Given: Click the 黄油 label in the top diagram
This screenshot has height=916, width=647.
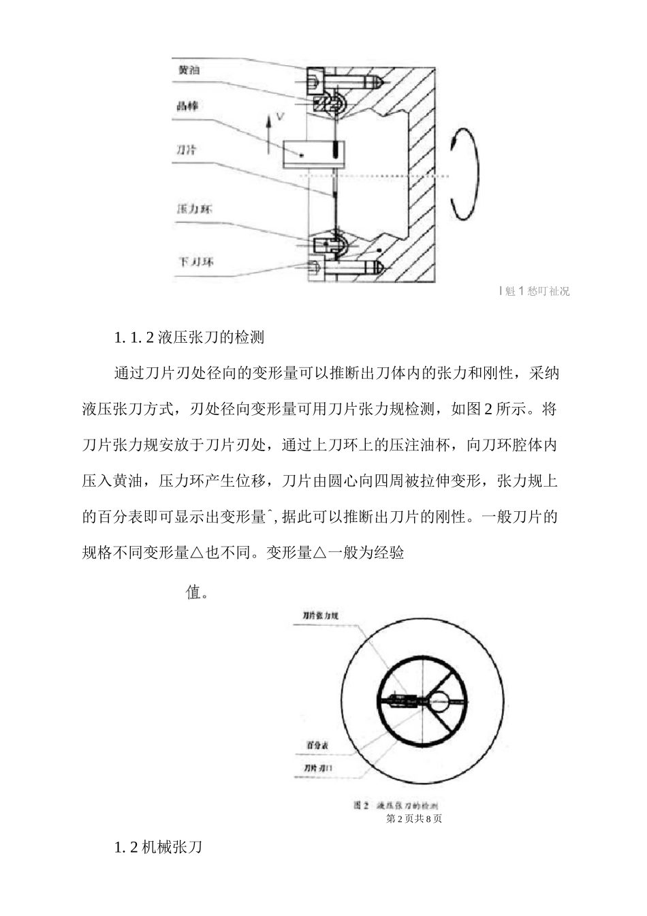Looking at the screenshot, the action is pos(189,70).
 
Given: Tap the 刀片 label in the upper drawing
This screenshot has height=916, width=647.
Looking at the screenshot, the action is pos(187,150).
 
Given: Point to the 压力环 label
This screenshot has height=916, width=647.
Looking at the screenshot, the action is pos(194,209).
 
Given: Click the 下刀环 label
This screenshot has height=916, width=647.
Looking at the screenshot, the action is pos(194,262).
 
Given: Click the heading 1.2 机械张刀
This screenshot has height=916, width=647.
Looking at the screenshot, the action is pos(158,848).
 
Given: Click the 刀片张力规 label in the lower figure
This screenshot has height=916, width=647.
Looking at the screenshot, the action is pos(321,616).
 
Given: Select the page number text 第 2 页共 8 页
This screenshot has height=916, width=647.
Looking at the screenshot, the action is pos(414,819).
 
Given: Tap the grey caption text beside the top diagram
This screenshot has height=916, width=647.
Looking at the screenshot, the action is pos(535,292).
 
